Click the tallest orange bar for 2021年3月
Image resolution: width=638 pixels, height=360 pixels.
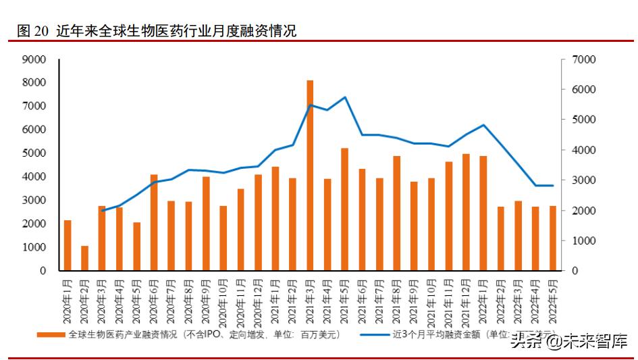(x=310, y=176)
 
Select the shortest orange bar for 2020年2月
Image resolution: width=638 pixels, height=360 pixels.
(x=84, y=258)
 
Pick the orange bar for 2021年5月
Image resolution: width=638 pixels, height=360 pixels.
(x=344, y=209)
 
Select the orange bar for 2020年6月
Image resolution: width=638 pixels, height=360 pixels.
(x=154, y=222)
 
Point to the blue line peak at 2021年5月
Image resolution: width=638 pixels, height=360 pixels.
(x=344, y=97)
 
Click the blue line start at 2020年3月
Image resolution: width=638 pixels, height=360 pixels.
(x=102, y=211)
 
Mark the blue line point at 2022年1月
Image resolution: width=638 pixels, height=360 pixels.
(x=483, y=125)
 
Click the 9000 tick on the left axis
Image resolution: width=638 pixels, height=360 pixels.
(x=34, y=59)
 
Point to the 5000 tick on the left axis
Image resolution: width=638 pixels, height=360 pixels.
(x=34, y=153)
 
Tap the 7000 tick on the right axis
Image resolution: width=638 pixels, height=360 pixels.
(x=583, y=59)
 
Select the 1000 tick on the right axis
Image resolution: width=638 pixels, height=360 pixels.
(x=583, y=240)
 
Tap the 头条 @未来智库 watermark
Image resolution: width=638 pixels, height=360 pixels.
(x=568, y=340)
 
